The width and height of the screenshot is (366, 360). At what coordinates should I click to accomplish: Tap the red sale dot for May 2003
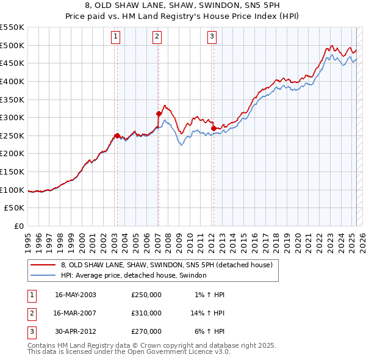pos(117,135)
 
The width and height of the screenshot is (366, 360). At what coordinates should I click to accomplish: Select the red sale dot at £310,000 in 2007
pos(159,113)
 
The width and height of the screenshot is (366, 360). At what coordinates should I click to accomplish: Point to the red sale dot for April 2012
pos(213,128)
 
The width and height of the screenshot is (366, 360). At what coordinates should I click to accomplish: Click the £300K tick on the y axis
pos(12,117)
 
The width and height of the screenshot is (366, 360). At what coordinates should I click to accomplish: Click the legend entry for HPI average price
pos(134,276)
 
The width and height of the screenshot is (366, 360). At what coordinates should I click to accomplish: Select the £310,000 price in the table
pos(146,313)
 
